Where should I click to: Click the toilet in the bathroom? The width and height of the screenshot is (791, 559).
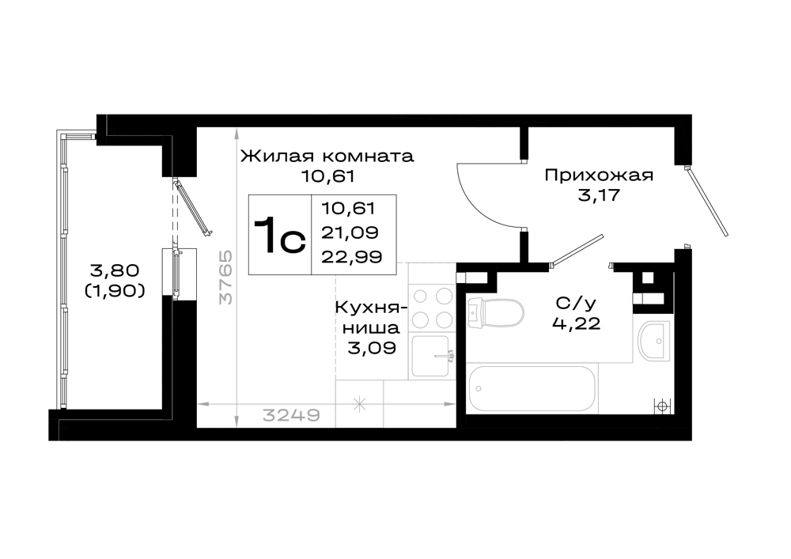point(495,313)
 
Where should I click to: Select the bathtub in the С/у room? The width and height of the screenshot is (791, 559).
point(532,389)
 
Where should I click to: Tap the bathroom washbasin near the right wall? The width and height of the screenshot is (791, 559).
point(652,342)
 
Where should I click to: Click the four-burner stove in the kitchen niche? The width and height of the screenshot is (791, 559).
point(432,308)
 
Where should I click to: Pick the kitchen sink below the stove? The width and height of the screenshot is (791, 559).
point(432,357)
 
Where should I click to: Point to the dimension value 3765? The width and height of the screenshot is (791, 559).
point(226,278)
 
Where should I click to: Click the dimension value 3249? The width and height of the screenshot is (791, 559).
point(291,415)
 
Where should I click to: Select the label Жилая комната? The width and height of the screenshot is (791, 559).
point(327,157)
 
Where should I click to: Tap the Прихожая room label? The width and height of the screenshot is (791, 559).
point(599,176)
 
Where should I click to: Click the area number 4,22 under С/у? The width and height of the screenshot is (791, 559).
point(576,323)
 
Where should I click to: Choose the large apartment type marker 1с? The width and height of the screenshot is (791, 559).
point(279,236)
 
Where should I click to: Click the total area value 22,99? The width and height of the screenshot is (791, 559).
point(352,257)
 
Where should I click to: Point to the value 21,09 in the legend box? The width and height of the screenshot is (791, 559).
point(350,232)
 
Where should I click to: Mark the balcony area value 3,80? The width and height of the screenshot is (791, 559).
point(114,270)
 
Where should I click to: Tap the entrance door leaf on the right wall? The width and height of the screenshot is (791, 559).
point(706,202)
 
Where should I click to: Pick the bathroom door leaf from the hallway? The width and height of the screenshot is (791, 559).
point(577,250)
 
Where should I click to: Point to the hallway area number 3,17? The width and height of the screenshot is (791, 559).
point(598,195)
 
